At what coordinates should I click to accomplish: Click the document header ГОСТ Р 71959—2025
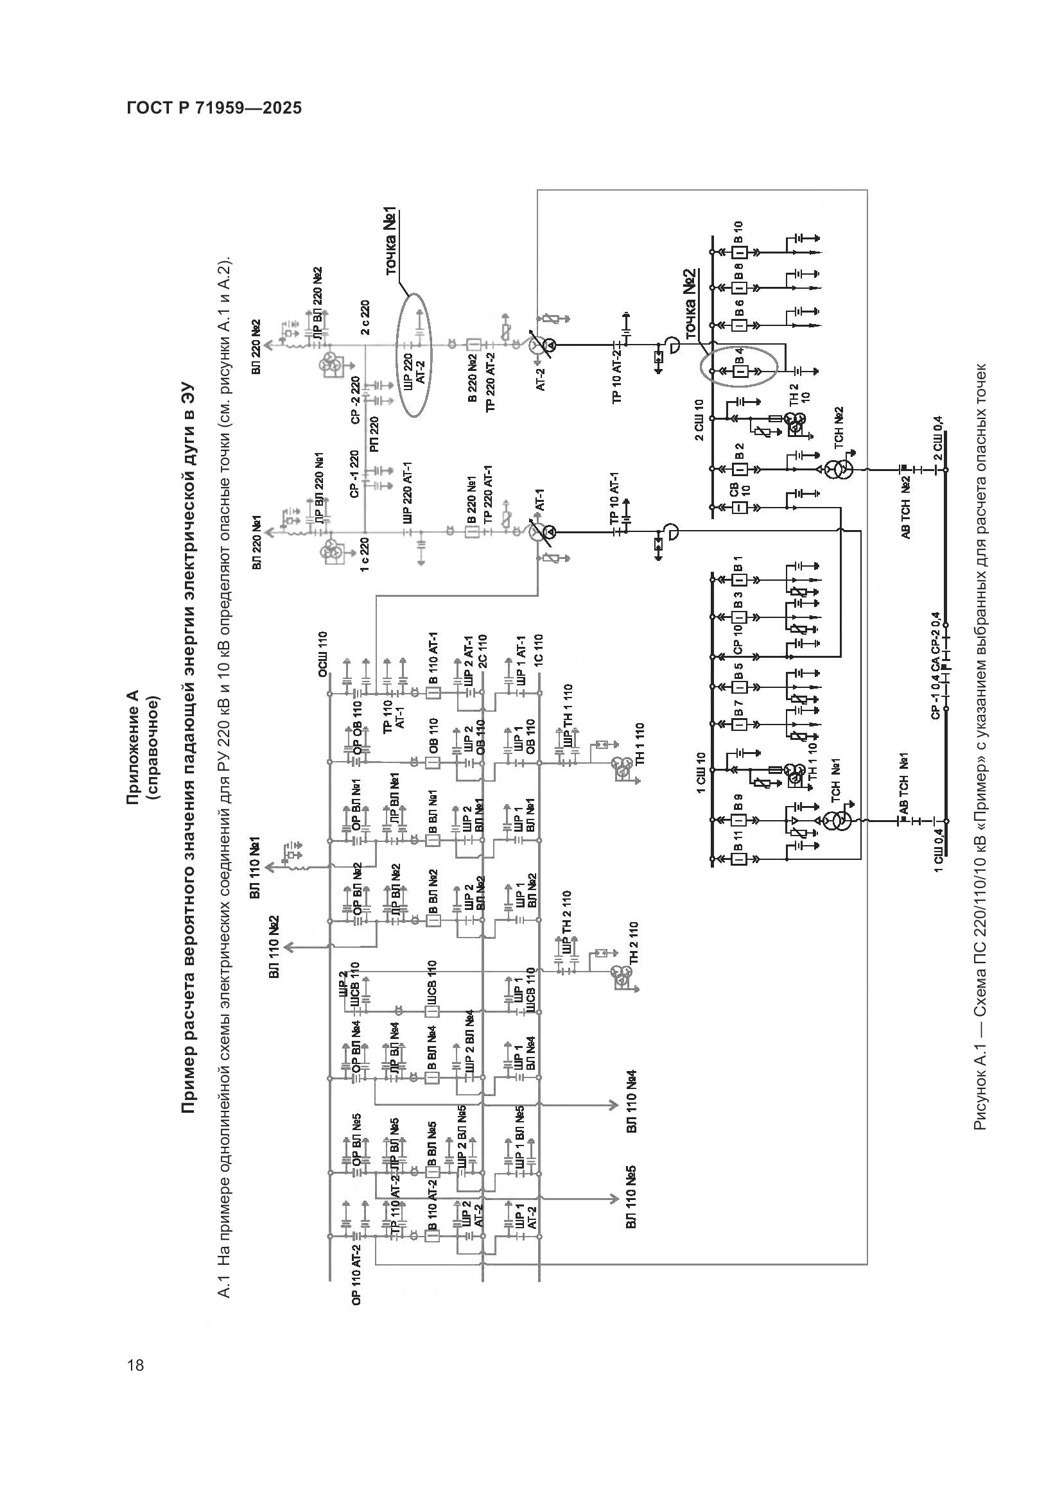tap(214, 108)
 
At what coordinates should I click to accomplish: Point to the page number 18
tap(136, 1364)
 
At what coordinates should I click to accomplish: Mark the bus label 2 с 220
tap(365, 317)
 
